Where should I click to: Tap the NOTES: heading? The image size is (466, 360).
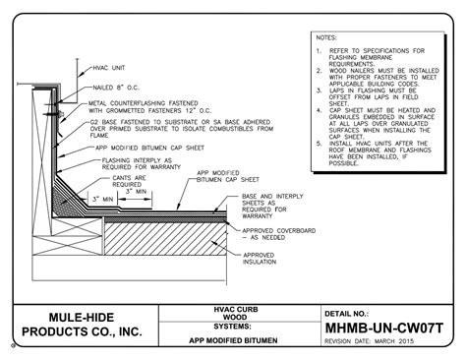(x=326, y=37)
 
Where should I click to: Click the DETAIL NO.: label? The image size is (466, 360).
(x=338, y=310)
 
